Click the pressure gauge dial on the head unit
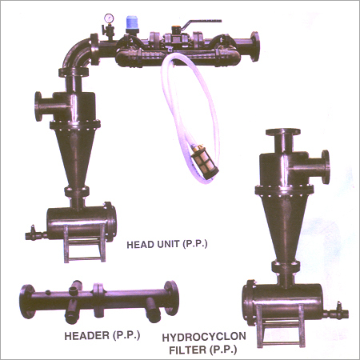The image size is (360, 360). point(109,18)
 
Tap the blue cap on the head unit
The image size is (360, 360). point(131,22)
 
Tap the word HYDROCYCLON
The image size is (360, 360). point(204,337)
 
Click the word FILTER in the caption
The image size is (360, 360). point(188,350)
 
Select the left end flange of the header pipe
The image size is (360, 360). point(27,302)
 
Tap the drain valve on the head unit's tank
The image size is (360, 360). point(34,234)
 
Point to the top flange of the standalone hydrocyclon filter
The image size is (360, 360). point(283,132)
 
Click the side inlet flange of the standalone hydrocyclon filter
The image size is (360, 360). point(326,167)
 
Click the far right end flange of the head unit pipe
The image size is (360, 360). point(254,46)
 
